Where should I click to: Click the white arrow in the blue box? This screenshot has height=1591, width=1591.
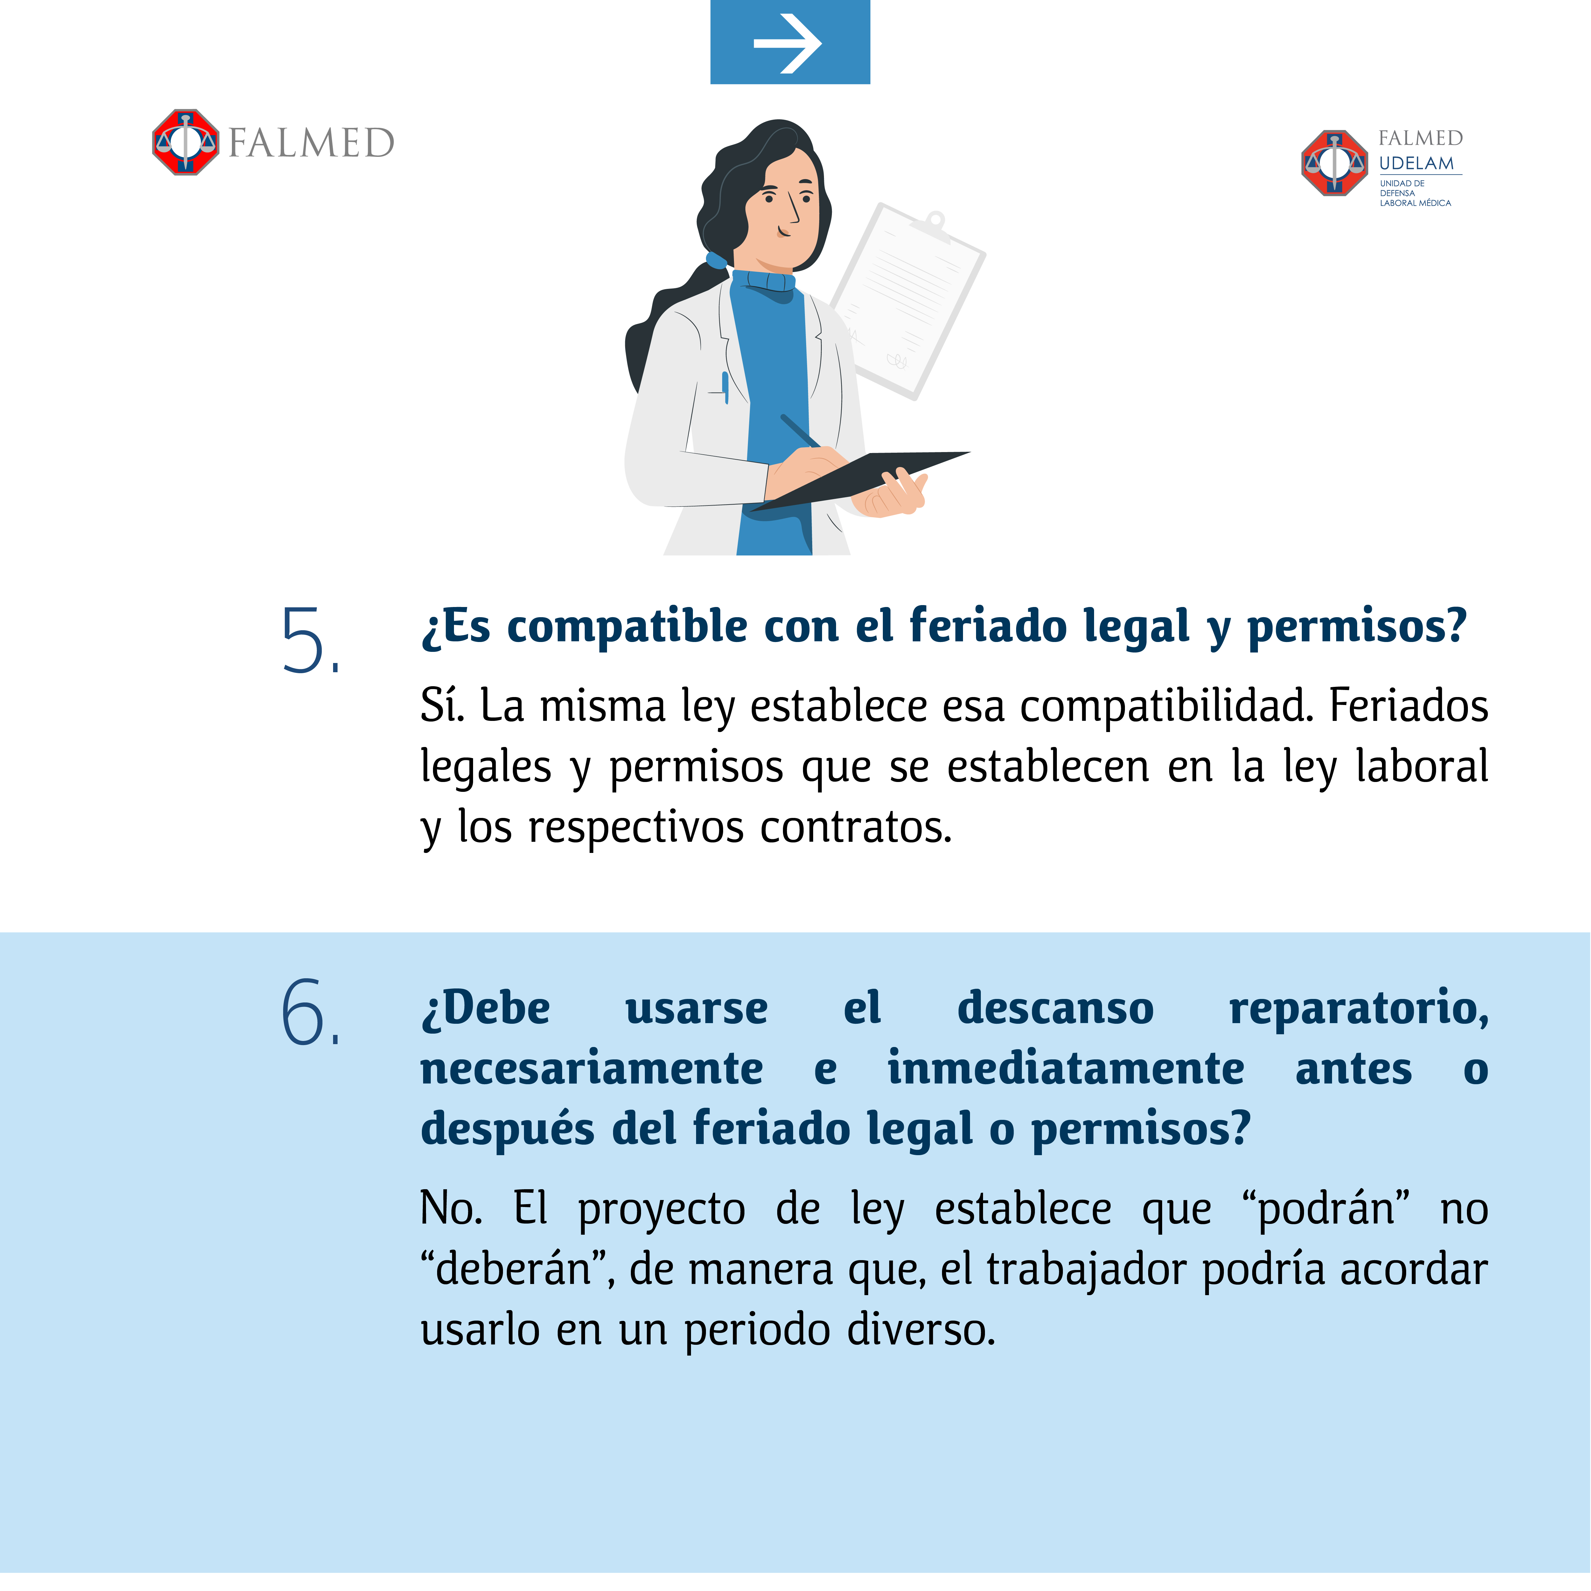coord(788,43)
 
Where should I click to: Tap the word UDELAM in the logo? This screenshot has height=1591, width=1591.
coord(1416,163)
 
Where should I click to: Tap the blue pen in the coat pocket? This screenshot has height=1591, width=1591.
coord(725,387)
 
